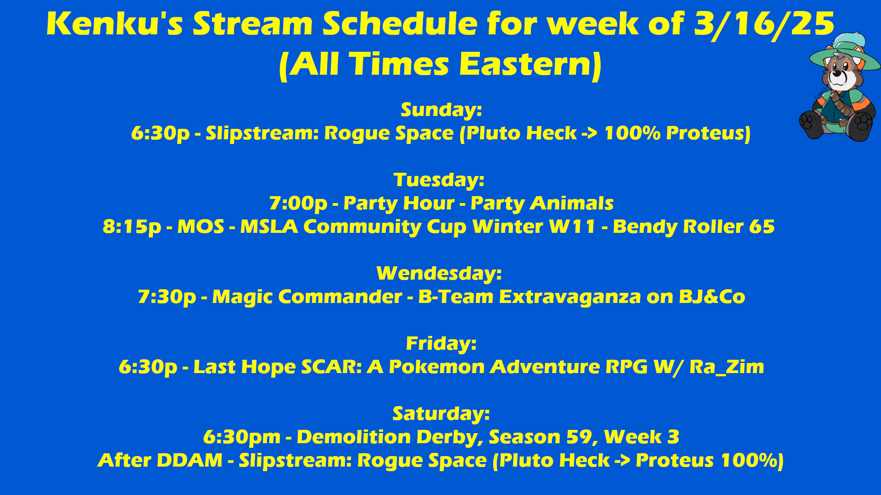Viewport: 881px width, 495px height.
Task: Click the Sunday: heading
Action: pos(441,110)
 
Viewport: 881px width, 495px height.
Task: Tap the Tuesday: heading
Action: pos(439,180)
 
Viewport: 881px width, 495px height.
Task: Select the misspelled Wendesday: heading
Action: pos(439,274)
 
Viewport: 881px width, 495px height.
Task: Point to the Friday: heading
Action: pos(441,344)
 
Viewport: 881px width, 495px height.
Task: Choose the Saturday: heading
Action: pos(441,414)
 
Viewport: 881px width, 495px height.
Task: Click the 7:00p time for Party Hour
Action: pos(298,203)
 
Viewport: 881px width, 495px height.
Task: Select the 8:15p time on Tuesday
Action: pos(132,227)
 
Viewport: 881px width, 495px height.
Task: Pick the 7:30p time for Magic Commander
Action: pos(167,297)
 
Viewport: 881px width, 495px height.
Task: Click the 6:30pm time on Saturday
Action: pos(242,437)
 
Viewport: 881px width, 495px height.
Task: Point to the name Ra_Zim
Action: pos(727,367)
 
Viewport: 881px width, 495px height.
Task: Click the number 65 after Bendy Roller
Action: pos(762,227)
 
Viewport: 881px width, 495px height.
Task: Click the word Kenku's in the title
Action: pos(115,24)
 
